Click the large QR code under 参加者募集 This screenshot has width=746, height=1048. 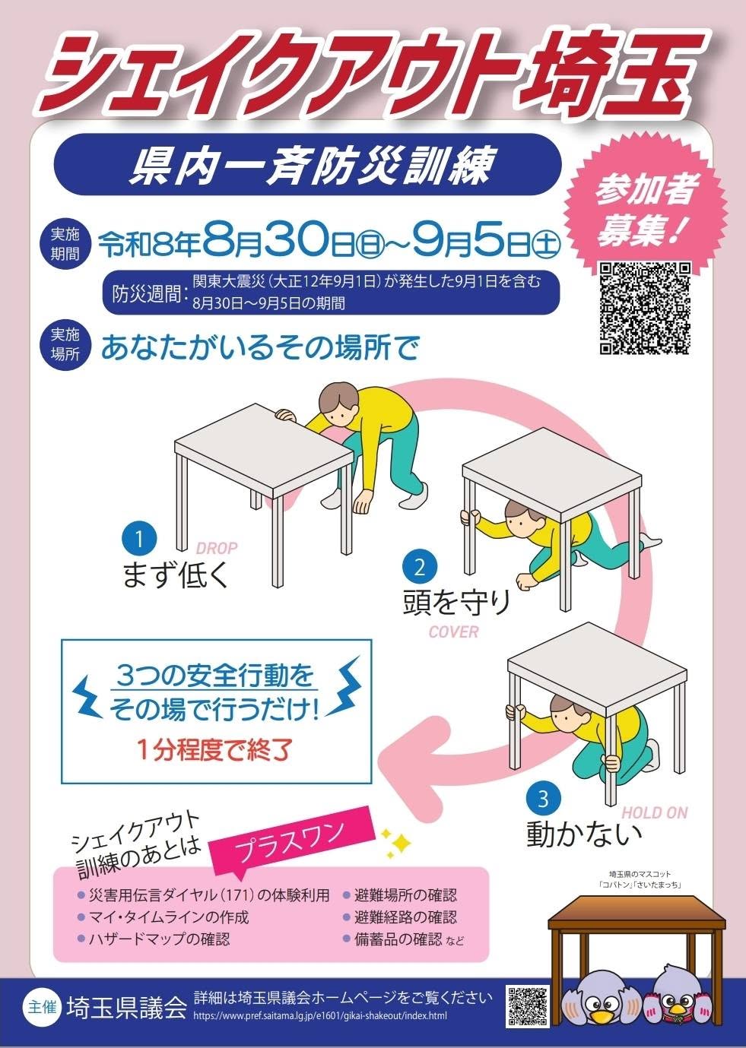click(646, 308)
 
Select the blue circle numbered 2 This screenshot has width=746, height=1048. click(419, 568)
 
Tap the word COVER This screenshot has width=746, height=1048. click(453, 632)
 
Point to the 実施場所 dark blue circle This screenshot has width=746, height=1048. click(65, 344)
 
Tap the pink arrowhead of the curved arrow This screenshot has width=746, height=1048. click(412, 757)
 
